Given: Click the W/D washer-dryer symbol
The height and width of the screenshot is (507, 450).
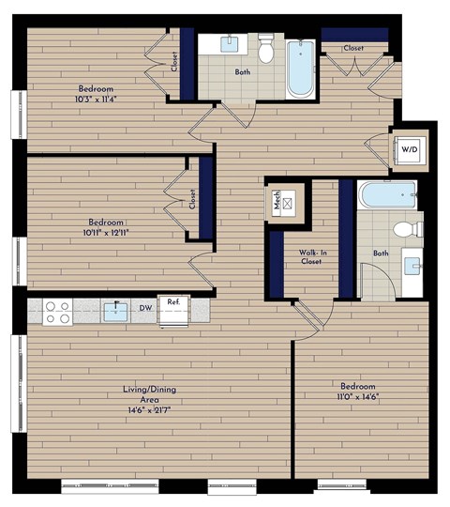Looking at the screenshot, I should click(410, 149).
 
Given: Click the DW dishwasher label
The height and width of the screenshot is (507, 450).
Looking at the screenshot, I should click(145, 306).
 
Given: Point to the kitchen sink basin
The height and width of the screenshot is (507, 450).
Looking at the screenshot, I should click(115, 311).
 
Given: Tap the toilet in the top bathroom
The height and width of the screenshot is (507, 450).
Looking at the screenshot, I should click(266, 51).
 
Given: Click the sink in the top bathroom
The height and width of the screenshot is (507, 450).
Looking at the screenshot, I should click(231, 43).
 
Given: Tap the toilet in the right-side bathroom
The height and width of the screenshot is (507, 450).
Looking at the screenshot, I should click(405, 228).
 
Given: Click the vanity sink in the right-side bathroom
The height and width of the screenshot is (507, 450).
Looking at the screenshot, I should click(412, 264).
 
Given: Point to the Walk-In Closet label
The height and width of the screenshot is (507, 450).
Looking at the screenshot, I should click(310, 256).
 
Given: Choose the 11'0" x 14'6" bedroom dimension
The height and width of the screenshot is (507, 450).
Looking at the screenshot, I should click(358, 396).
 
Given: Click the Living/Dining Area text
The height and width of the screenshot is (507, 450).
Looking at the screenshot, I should click(150, 394).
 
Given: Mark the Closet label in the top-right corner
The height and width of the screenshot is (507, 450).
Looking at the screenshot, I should click(353, 47).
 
